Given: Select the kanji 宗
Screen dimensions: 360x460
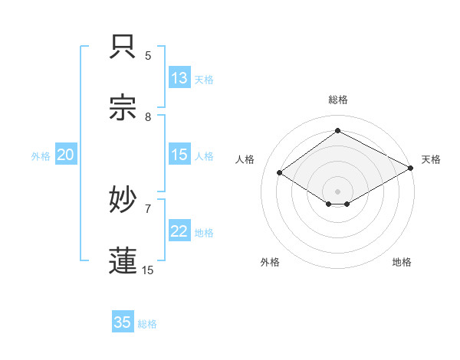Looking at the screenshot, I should pos(123,108).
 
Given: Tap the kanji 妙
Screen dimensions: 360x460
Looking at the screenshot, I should pos(123,200).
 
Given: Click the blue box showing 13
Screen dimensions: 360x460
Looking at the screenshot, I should pos(179,78).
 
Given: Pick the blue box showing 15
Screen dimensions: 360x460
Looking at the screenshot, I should pos(179,155).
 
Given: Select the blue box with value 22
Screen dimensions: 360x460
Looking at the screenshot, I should pos(179,231).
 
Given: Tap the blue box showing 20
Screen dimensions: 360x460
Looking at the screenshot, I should pos(65,155).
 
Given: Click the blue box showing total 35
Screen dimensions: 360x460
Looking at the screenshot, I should pos(123,322).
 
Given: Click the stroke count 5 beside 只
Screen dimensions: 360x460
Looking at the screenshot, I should pos(148,55).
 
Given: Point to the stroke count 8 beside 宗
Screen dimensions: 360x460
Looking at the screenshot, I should pos(148,116).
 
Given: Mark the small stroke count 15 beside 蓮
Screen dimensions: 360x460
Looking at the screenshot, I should pos(148,270).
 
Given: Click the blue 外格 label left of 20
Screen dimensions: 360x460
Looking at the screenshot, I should pos(41,155).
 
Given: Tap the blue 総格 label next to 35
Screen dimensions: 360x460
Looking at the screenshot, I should pos(147,323).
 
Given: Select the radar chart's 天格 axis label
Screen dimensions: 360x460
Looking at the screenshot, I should pos(431,159).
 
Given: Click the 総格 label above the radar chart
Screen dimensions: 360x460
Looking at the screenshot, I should pos(337,100).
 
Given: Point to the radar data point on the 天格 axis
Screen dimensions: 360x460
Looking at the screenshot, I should pos(411,169).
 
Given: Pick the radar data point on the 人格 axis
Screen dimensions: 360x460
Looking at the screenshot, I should pos(280,173).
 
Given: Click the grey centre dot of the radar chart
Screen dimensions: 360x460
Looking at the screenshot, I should pos(337,191).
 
